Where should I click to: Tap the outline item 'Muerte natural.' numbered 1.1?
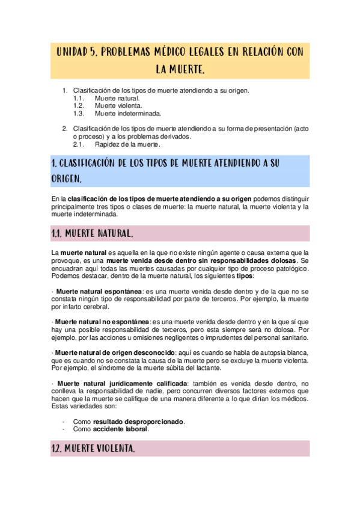pyautogui.click(x=117, y=97)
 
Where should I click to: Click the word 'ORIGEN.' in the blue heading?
pyautogui.click(x=67, y=179)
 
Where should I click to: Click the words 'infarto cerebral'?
pyautogui.click(x=85, y=307)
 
